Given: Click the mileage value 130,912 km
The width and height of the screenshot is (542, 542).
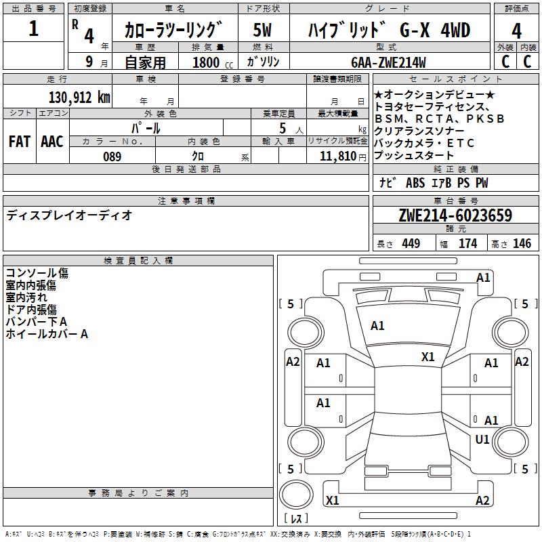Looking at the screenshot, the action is (79, 98).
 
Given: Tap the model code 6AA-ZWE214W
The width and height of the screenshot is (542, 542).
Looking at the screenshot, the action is (388, 62).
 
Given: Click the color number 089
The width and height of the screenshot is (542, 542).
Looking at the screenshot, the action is (112, 157).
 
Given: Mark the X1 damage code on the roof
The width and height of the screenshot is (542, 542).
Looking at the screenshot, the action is (428, 356).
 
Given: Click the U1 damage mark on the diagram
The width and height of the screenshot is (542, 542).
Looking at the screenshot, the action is (482, 439).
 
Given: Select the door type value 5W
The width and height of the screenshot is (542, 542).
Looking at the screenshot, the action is (262, 30).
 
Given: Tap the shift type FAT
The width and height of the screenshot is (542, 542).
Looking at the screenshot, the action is (19, 142).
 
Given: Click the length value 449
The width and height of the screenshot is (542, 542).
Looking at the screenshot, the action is (411, 243).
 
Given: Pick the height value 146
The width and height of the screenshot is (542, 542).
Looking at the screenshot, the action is (522, 243).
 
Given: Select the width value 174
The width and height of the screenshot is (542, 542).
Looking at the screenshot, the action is (467, 243).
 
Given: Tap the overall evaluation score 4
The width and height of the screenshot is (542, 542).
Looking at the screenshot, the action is (517, 30).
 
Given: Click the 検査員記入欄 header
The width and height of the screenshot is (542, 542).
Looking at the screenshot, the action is (138, 260).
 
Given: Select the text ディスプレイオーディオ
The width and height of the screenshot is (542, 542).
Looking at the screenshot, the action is (69, 215).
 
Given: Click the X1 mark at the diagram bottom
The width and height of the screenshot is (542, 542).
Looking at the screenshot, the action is (332, 501).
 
